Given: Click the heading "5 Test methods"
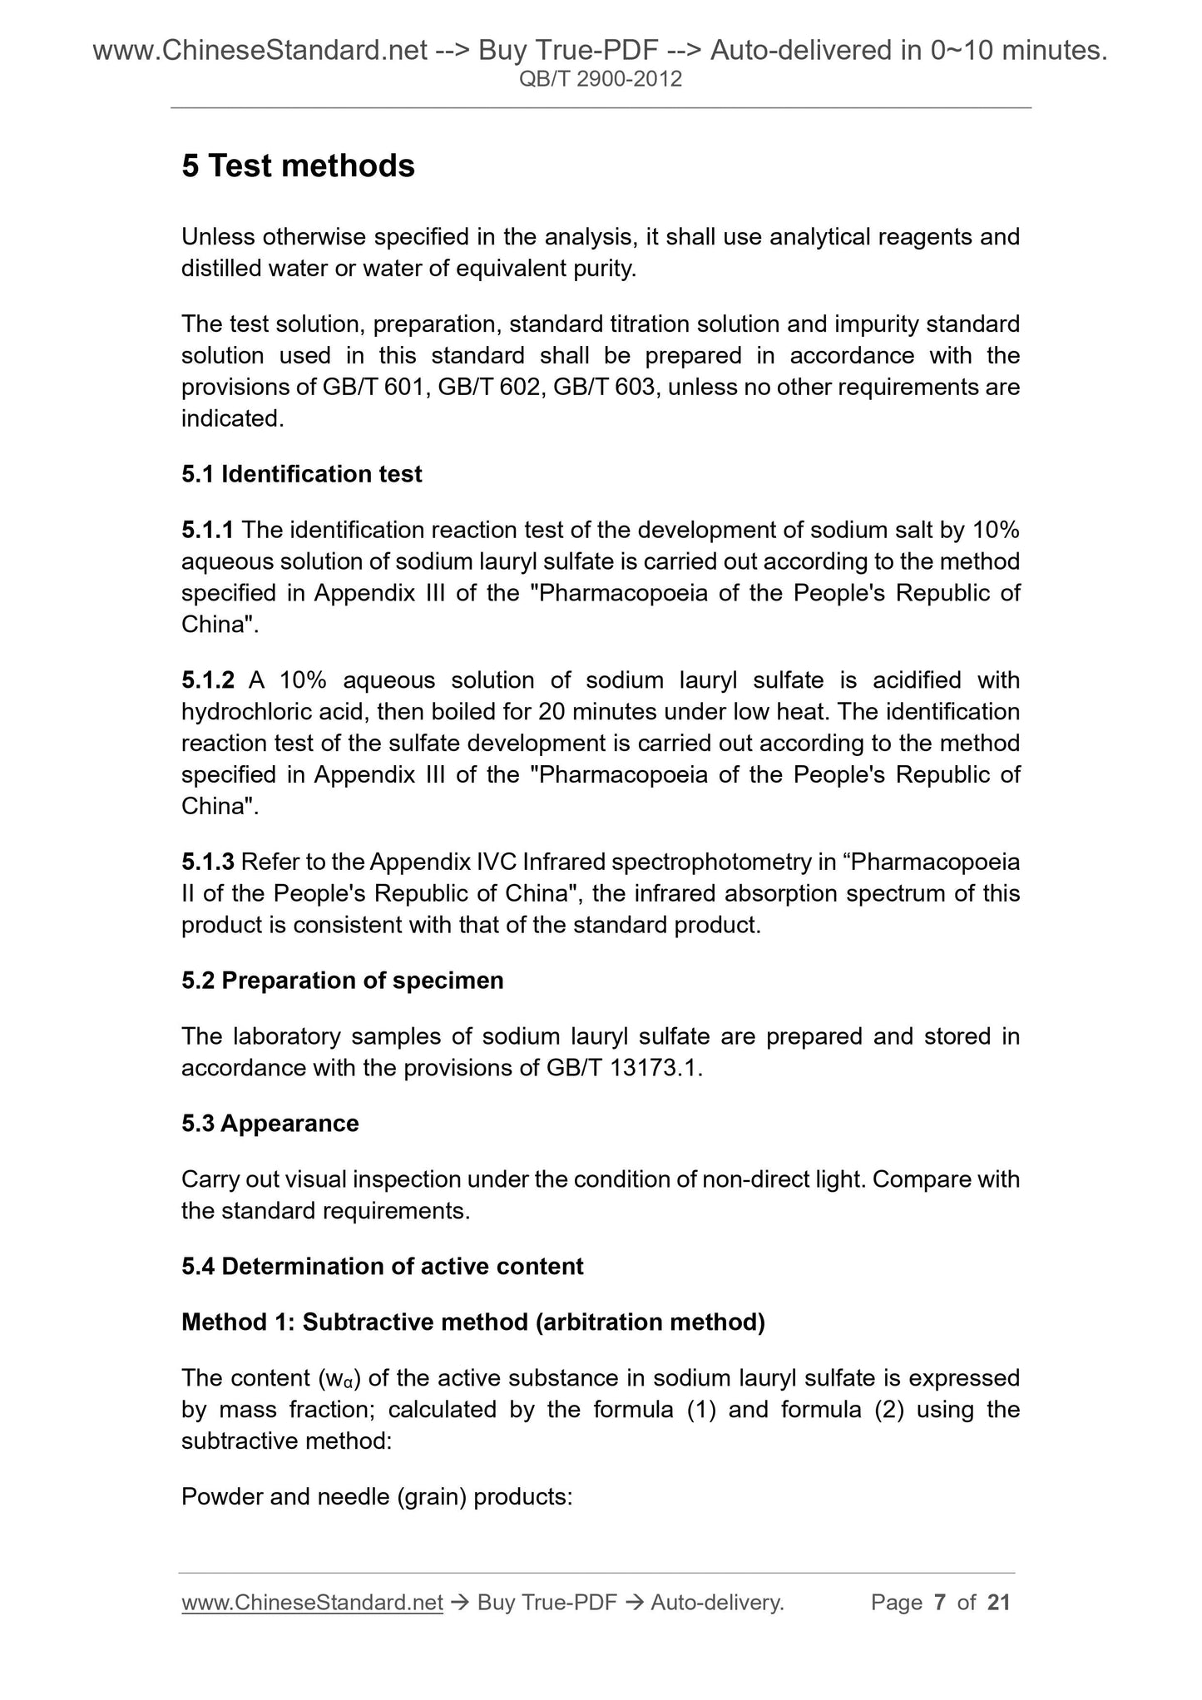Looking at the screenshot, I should (298, 166).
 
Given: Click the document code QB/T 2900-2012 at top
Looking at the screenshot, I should (600, 80).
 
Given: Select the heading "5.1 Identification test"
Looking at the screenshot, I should (301, 474).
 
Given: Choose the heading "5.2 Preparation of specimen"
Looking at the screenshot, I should (342, 981).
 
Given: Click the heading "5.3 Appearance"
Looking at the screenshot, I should (270, 1124).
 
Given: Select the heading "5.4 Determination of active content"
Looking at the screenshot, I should (382, 1267).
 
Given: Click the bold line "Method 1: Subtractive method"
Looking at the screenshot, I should (472, 1322).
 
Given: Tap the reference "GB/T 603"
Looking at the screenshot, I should (604, 388).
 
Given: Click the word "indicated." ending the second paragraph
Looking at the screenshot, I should (232, 419).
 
